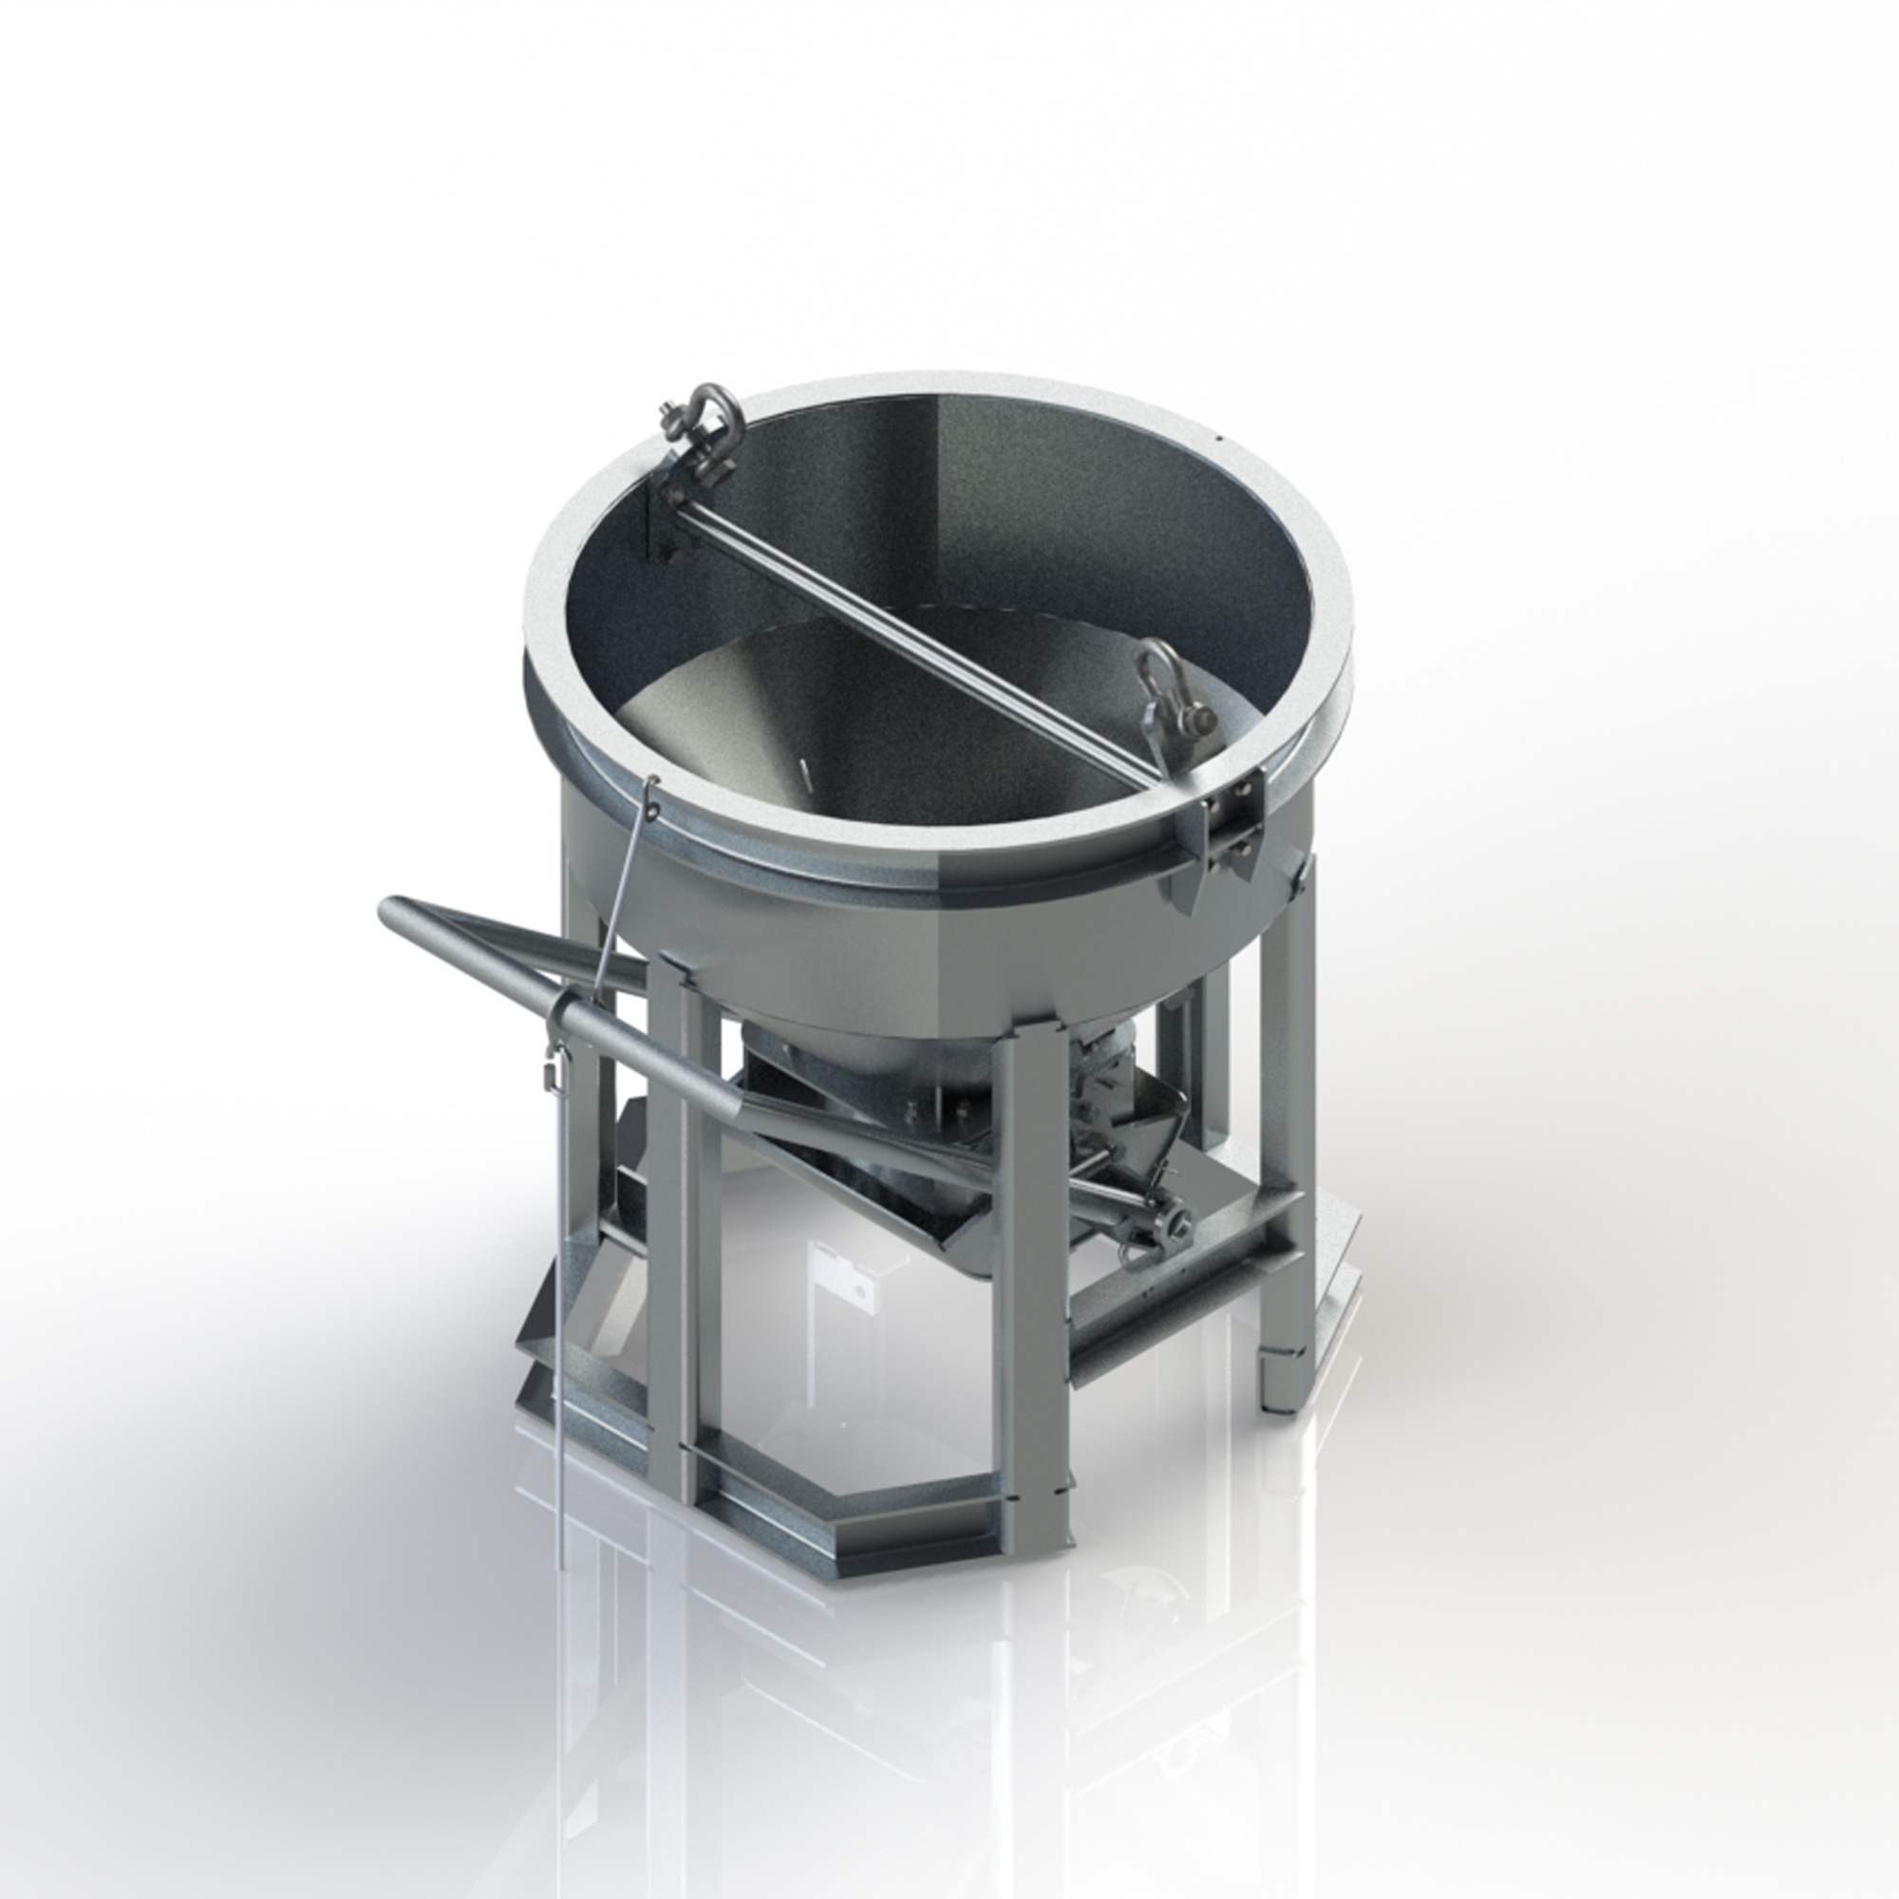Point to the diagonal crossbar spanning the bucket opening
(914, 638)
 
